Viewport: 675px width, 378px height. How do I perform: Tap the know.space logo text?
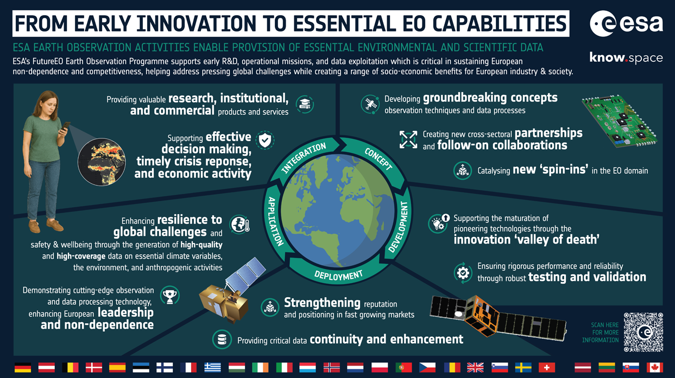coord(626,57)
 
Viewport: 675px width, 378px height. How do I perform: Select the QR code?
coord(644,332)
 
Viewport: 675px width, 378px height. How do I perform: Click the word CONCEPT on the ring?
coord(378,158)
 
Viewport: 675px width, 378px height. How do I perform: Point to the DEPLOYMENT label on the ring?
coord(338,276)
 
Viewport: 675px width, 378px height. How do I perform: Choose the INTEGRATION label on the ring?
coord(304,158)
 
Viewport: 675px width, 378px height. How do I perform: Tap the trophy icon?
coord(171,296)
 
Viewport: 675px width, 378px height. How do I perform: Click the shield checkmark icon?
coord(264,140)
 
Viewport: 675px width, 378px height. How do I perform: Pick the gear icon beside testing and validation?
coord(463,273)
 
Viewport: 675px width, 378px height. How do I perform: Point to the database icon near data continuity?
coord(222,339)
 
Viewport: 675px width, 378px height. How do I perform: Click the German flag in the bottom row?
coord(23,367)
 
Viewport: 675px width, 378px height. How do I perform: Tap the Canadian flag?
coord(655,367)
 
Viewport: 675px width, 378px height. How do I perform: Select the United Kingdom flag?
coord(475,367)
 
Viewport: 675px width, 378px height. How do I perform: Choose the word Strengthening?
coord(322,303)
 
